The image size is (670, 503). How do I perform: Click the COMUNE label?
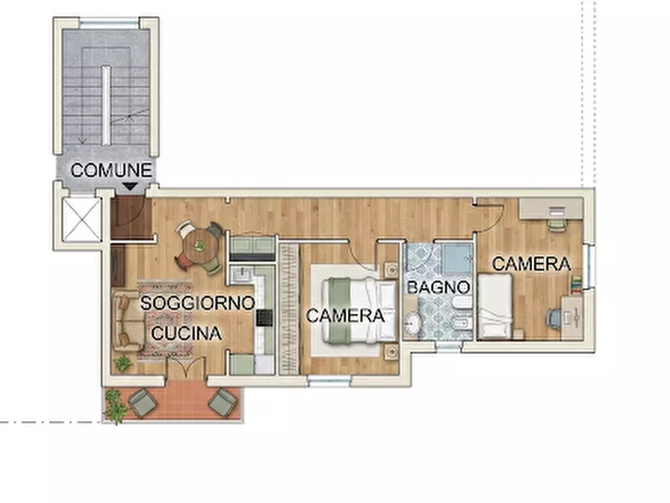click(x=111, y=170)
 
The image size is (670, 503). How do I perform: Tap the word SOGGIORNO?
click(x=197, y=303)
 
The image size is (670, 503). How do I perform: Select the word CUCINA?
click(x=187, y=333)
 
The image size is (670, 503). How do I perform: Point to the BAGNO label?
click(x=438, y=288)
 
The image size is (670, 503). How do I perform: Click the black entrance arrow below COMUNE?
click(x=130, y=186)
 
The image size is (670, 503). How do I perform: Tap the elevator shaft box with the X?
click(x=82, y=219)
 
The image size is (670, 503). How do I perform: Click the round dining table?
click(x=199, y=246)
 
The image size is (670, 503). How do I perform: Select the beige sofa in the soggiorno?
click(x=127, y=321)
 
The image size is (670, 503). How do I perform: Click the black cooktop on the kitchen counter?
click(x=264, y=318)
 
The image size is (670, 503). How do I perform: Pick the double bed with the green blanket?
click(x=359, y=310)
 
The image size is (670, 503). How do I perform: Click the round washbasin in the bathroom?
click(x=413, y=323)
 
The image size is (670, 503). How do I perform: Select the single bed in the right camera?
click(x=495, y=306)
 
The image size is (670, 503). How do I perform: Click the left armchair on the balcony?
click(x=143, y=402)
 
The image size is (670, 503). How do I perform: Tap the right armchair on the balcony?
click(x=222, y=402)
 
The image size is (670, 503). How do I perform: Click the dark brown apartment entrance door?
click(x=131, y=217)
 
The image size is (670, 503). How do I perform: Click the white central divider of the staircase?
click(x=106, y=105)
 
